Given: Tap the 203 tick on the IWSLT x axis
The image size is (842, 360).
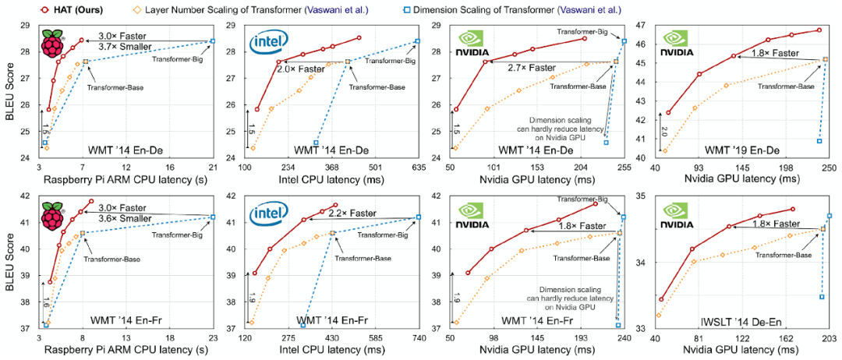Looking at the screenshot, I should pos(830,337).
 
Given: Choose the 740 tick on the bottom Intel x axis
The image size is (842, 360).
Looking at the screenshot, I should pos(419,337).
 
